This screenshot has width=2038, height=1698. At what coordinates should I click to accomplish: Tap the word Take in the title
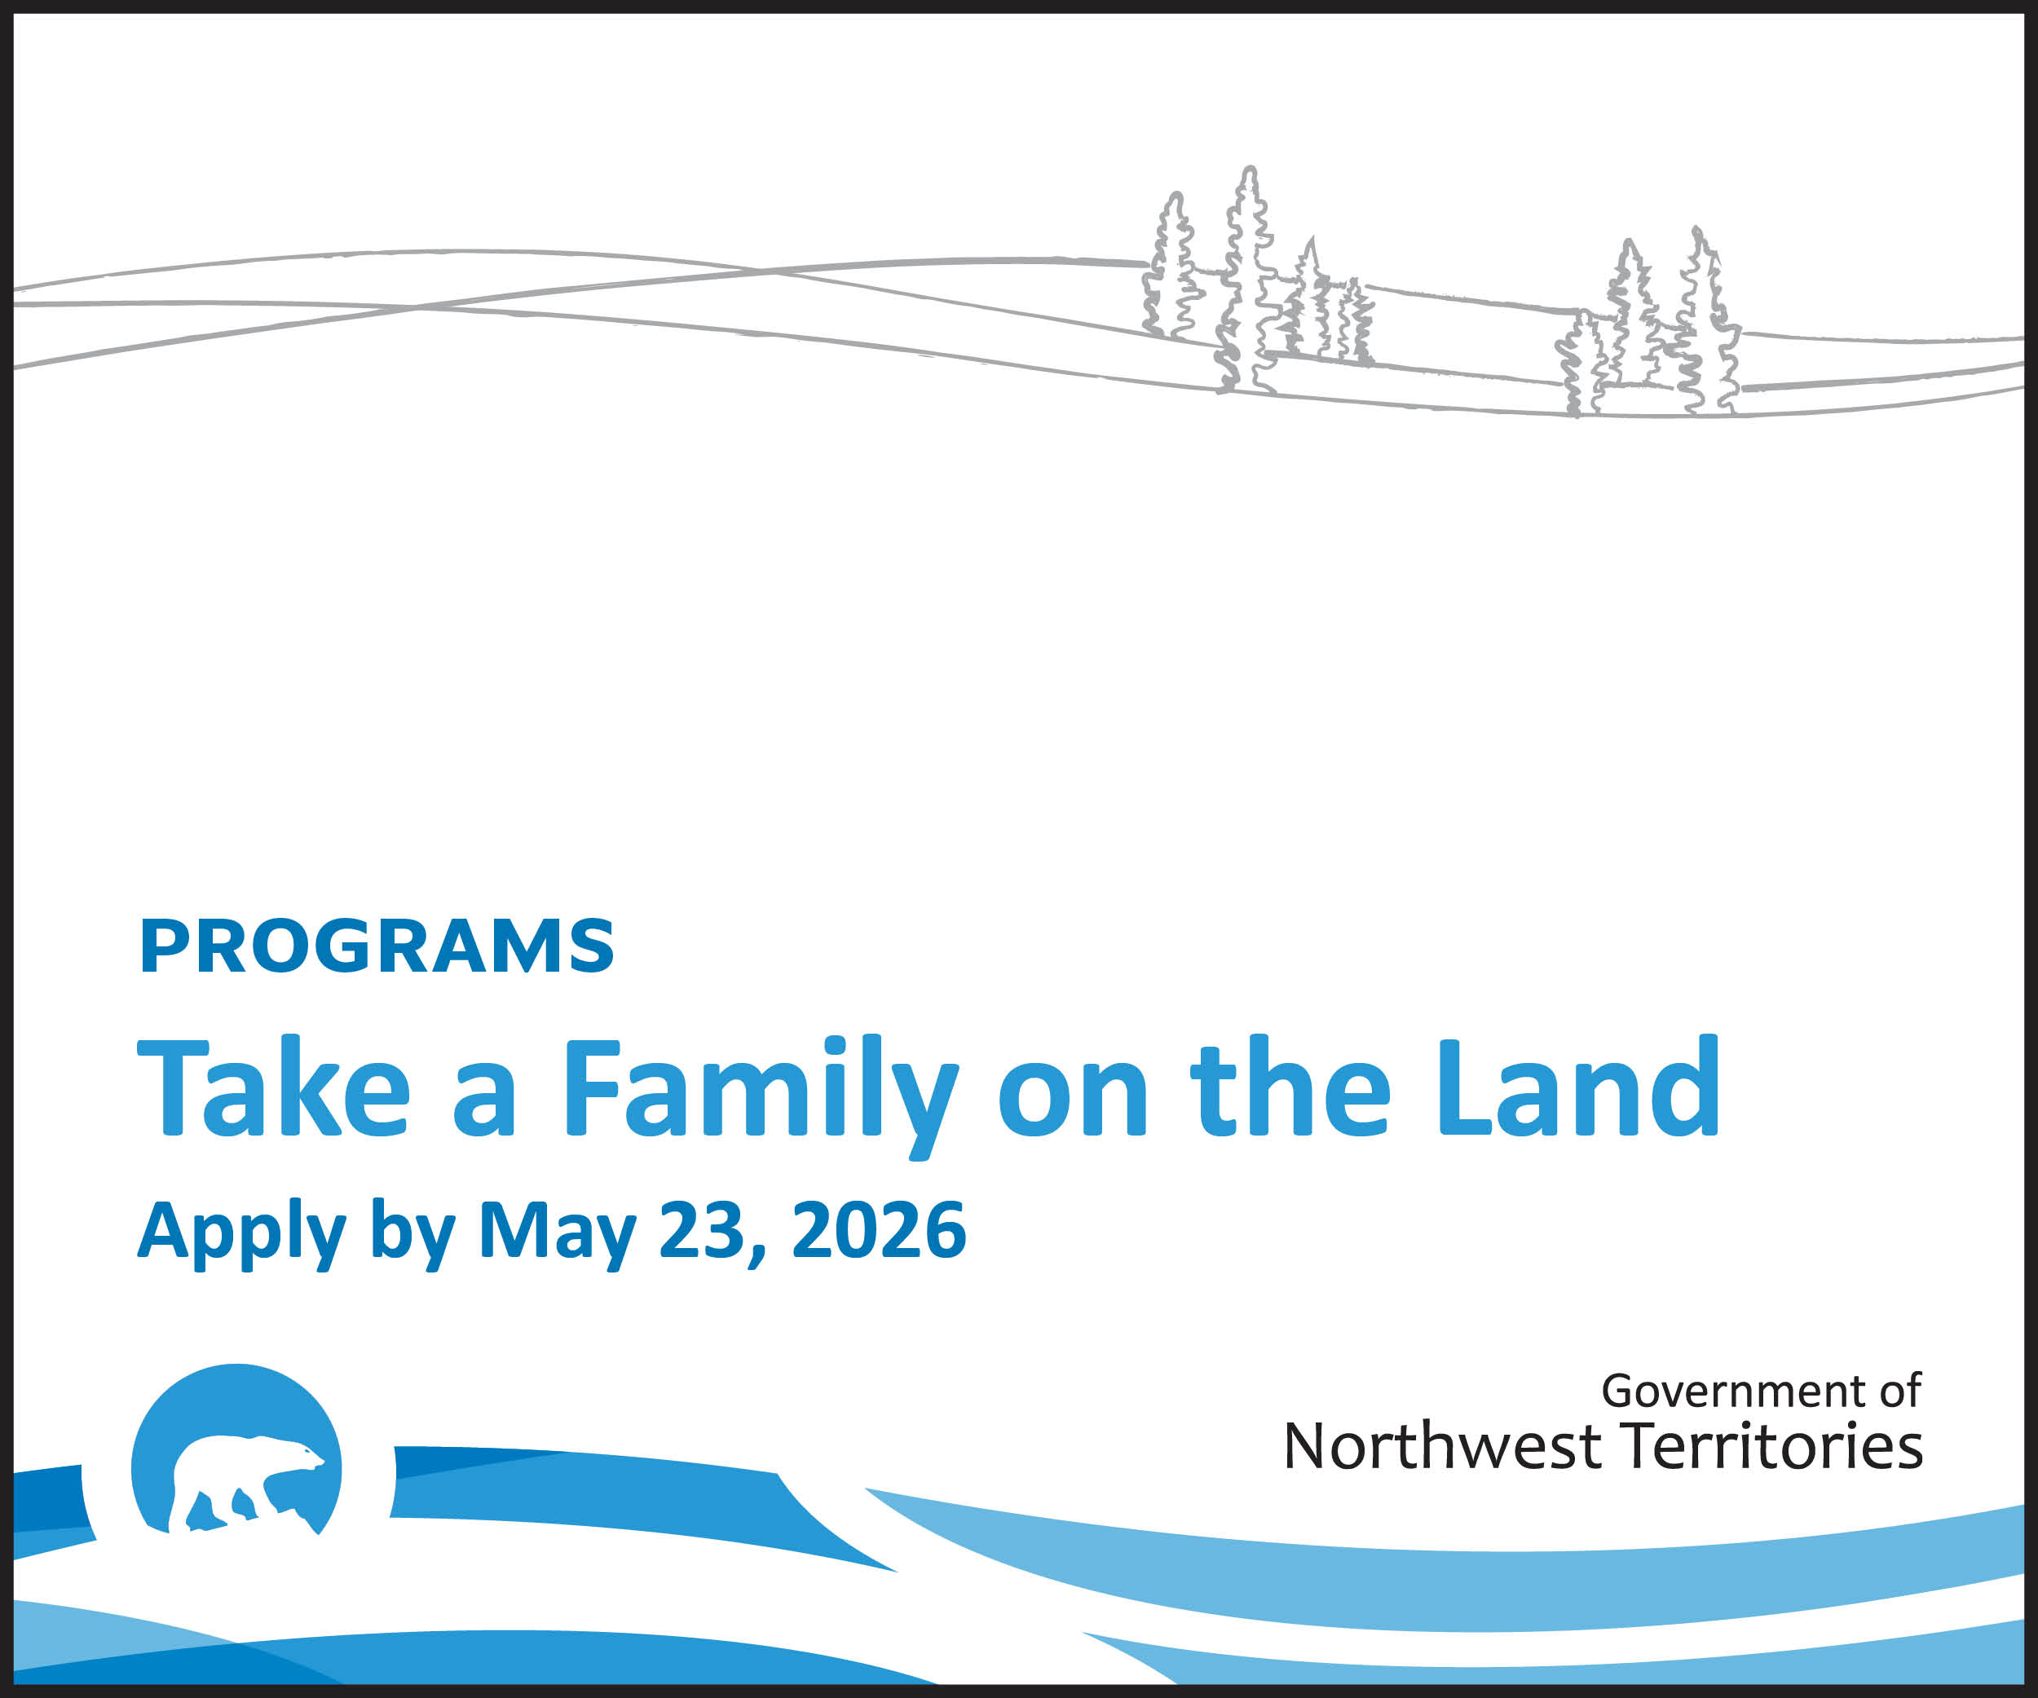pos(274,1086)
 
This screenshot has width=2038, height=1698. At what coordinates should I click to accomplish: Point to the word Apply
pos(241,1233)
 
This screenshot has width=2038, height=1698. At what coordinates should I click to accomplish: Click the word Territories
pos(1772,1447)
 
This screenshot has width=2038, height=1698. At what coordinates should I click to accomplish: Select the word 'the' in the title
pos(1290,1086)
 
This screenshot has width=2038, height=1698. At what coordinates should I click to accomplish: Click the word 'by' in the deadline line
pos(412,1233)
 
